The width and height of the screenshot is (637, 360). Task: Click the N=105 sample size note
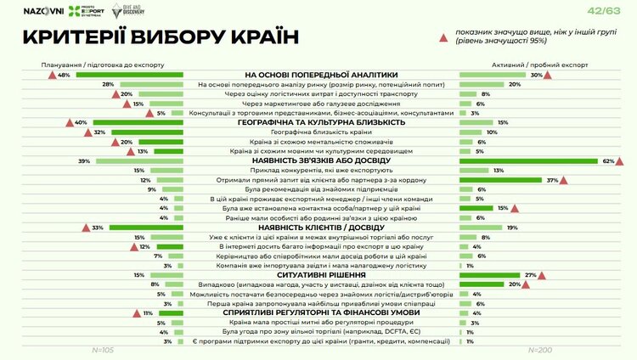tap(102, 349)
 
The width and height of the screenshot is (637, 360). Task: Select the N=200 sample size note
tap(539, 349)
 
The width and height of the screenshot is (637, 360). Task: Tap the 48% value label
tap(64, 75)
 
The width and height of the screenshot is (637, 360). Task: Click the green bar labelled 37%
tap(500, 180)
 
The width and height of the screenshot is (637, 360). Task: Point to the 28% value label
tap(109, 85)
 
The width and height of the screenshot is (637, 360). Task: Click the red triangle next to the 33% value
tap(86, 227)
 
